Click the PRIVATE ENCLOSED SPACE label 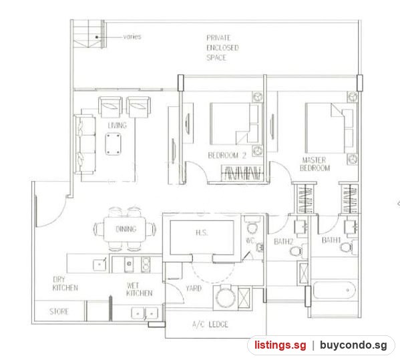coord(222,47)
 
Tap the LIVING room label coord(117,126)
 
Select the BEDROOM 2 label coord(227,156)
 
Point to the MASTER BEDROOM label coord(315,164)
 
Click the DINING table coord(125,229)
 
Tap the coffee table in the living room coord(114,144)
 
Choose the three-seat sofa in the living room coord(85,145)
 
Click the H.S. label coord(202,232)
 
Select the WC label coord(250,240)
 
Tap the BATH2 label coord(283,241)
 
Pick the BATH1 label coord(331,240)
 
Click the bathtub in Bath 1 coord(334,290)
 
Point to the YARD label coord(194,289)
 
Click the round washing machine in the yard coord(226,297)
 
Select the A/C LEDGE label coord(210,325)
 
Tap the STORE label coord(59,311)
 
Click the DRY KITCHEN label coord(65,283)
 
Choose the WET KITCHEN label coord(139,289)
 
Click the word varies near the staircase coord(132,37)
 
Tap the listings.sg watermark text coord(280,345)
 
